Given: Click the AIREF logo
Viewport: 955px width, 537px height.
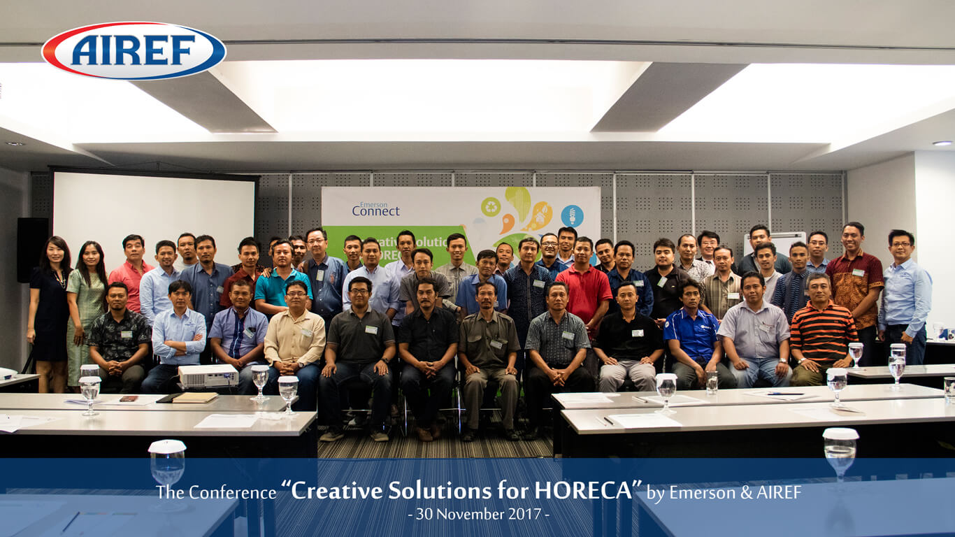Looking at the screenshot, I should pos(134,50).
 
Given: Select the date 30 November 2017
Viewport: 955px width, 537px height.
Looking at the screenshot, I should pos(478,514).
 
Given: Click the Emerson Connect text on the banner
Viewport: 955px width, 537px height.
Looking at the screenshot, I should pos(376,208).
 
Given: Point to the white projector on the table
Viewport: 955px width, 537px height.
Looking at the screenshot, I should pos(208,375).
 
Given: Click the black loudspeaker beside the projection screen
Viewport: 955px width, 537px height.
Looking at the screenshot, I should pos(32,249).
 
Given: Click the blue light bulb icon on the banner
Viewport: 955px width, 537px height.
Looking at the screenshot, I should pos(572,215).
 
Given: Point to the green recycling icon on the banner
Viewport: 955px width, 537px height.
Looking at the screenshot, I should pos(491,206).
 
